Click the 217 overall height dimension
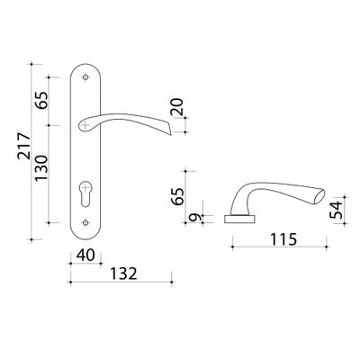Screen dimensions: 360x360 [24, 146]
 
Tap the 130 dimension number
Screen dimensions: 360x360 [41, 168]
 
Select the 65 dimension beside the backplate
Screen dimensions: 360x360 [41, 100]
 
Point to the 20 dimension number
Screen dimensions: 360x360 [177, 106]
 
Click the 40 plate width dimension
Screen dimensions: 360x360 [85, 256]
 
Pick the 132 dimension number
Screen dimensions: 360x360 [123, 274]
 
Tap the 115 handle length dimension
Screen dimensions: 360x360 [283, 239]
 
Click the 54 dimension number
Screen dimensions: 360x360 [336, 210]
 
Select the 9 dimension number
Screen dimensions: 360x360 [196, 217]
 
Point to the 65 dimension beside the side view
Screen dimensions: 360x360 [178, 196]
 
